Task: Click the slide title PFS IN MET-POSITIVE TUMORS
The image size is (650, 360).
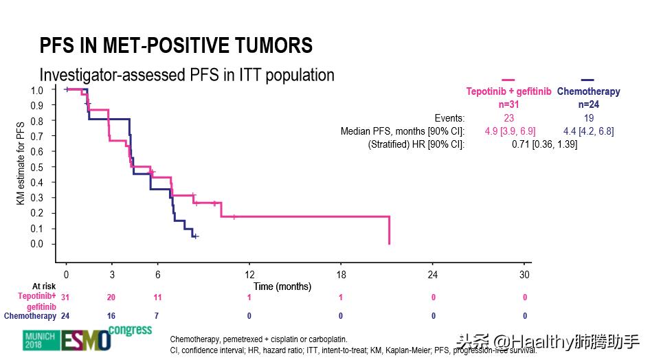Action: [176, 46]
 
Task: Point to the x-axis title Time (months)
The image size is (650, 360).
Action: [282, 286]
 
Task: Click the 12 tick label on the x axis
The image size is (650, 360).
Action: [249, 275]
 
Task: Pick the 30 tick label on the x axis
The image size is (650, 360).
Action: [525, 275]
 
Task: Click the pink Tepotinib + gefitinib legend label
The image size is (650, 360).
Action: [508, 91]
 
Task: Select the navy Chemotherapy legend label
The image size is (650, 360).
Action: [588, 91]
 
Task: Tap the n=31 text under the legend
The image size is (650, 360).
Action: [508, 104]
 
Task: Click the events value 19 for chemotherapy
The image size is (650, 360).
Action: [588, 117]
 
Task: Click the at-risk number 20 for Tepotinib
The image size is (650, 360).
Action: [112, 297]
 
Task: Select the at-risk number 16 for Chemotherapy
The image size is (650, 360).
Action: [112, 316]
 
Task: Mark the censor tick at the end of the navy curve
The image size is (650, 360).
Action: [196, 236]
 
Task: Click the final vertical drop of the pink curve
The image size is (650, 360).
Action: [390, 230]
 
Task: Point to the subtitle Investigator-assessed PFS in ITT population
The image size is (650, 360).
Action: [187, 74]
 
